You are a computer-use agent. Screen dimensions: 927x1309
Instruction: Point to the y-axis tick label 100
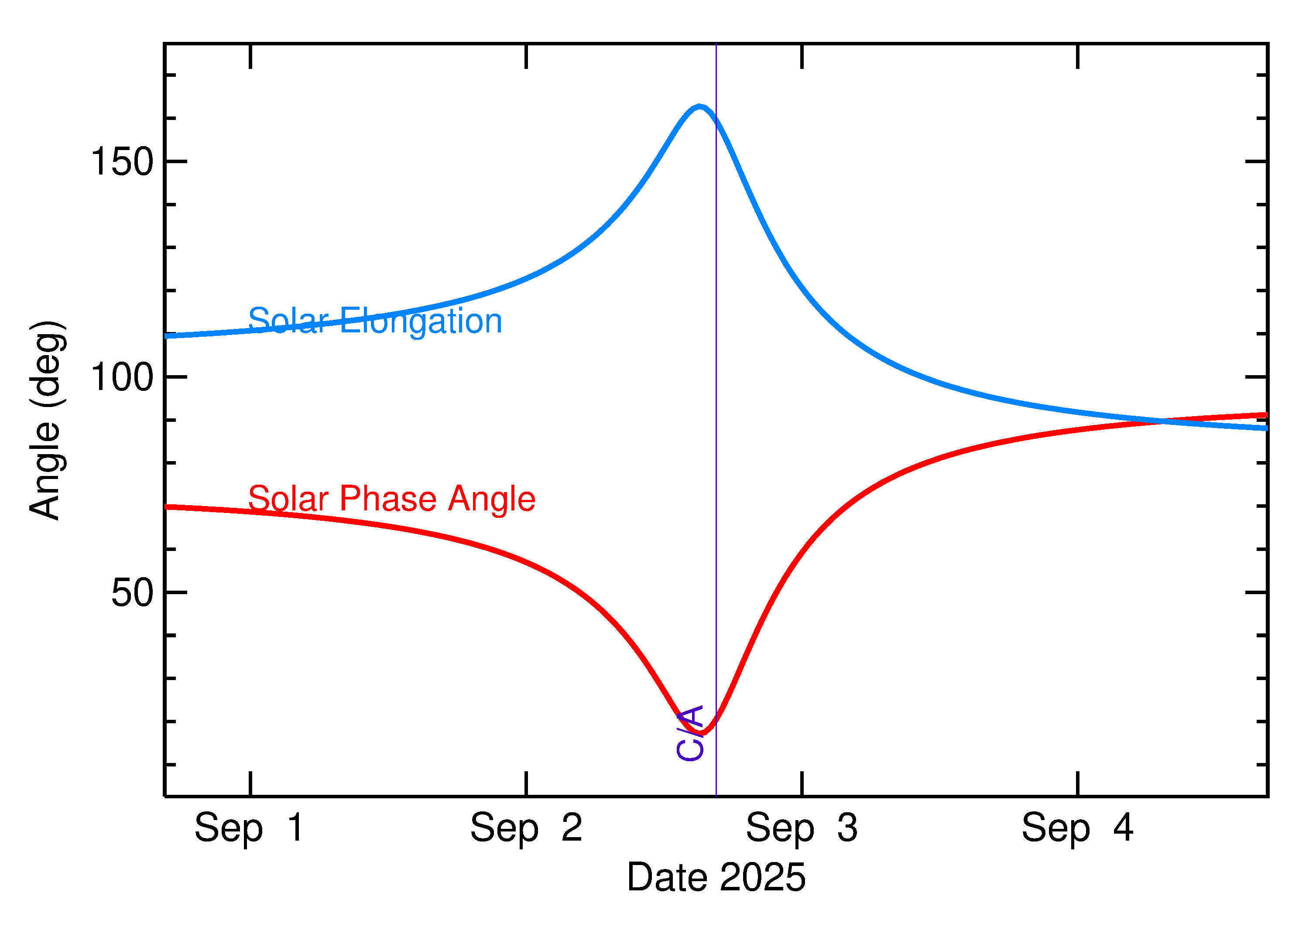point(122,377)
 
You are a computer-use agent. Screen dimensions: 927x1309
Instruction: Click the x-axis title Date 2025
point(716,877)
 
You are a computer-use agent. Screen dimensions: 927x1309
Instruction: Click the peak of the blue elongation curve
point(699,107)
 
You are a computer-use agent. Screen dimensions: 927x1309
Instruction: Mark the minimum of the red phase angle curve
point(702,733)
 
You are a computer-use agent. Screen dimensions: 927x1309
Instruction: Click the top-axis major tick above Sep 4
point(1077,56)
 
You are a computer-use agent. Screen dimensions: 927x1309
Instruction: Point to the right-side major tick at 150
point(1256,161)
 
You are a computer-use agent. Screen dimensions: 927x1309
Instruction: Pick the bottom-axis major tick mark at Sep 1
point(250,784)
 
